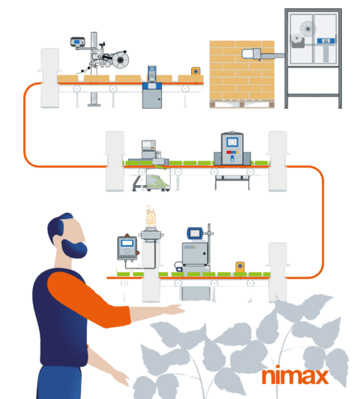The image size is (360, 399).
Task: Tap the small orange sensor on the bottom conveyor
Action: [x=240, y=266]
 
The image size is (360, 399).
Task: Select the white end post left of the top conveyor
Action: [x=49, y=75]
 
